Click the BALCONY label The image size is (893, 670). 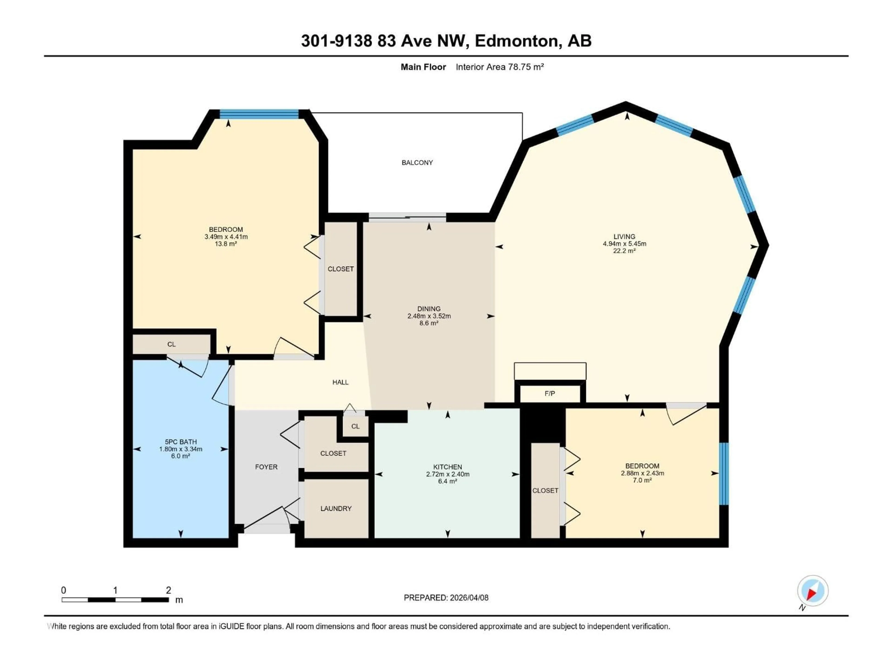point(417,163)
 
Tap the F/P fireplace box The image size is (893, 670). point(550,393)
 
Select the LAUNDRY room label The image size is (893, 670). point(336,509)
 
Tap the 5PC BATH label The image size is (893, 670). point(180,442)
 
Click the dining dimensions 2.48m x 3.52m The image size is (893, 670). point(429,316)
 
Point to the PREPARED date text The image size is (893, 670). point(446,598)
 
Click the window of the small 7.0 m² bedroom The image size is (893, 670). point(724,473)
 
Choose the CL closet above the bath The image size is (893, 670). point(172,344)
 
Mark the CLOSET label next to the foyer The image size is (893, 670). point(333,453)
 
